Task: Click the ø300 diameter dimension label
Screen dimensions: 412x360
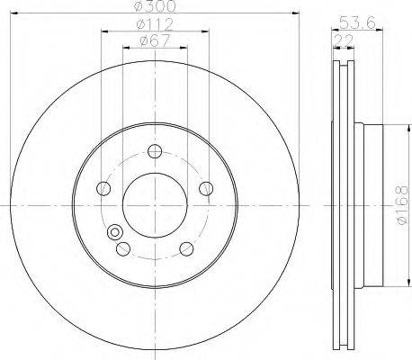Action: [x=155, y=6]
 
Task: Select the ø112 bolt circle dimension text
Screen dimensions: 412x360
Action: [x=155, y=25]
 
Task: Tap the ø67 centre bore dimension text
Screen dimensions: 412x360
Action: [x=155, y=40]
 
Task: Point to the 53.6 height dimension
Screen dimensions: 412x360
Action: [x=357, y=22]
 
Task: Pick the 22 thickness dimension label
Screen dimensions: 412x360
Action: [x=344, y=40]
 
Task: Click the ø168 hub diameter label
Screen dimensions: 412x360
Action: [x=402, y=205]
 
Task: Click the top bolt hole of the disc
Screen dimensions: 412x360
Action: [x=155, y=151]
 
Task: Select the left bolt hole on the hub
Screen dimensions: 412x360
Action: [x=103, y=188]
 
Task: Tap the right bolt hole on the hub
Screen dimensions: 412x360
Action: [x=206, y=188]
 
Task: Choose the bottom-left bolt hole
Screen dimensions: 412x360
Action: [x=123, y=248]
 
